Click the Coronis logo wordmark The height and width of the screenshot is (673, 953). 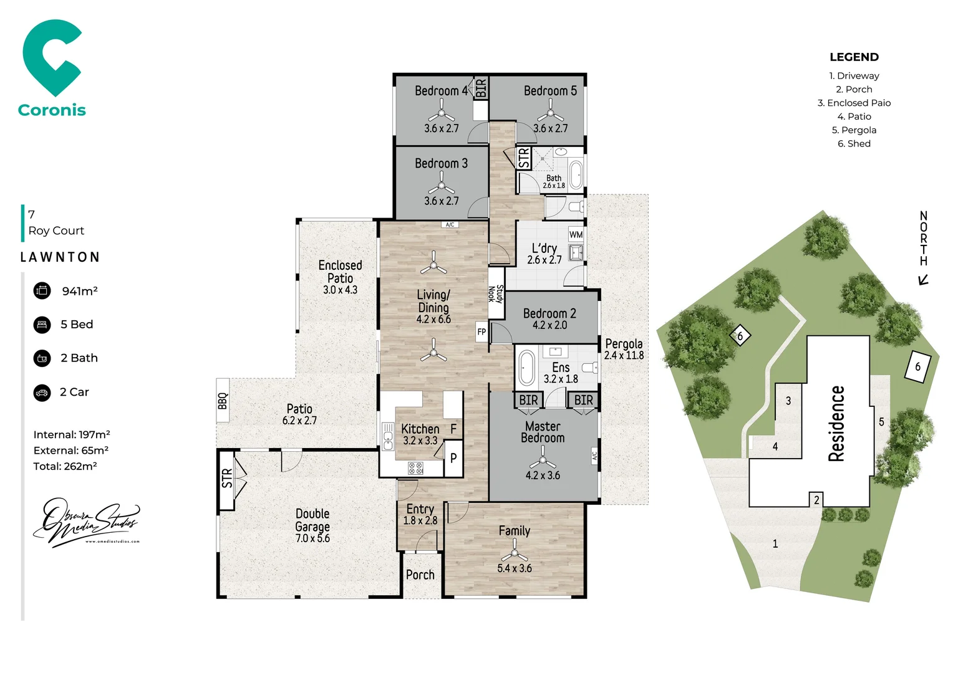pos(52,110)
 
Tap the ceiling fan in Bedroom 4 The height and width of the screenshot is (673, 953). pos(442,113)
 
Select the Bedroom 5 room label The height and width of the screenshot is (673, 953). pos(550,91)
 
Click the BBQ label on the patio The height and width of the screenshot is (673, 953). pos(223,401)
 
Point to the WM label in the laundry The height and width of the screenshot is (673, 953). pos(576,235)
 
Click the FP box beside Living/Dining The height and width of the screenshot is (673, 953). pos(481,332)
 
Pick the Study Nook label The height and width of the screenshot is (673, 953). pos(496,294)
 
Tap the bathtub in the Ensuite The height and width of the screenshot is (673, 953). pos(527,368)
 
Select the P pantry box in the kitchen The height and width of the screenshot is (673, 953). pos(453,458)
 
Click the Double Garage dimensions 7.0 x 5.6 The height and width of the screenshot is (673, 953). pos(312,538)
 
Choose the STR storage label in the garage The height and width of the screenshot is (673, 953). pos(227,478)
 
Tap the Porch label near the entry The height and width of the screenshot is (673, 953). pos(420,575)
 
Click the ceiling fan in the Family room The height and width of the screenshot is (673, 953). pos(515,551)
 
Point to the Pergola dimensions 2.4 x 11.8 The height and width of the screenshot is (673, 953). pos(624,355)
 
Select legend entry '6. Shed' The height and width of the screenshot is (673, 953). pos(854,143)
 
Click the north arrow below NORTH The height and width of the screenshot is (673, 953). pos(923,280)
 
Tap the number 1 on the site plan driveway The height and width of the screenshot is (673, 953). pos(775,543)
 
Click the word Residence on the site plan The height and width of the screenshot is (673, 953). pos(836,424)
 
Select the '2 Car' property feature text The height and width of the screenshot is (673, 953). pos(74,392)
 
